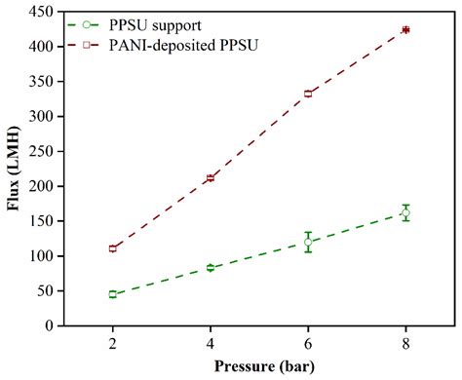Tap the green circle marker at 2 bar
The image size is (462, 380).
113,294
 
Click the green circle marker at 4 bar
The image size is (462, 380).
211,267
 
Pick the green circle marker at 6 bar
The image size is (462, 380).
308,243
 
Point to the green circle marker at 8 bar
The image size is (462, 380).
405,212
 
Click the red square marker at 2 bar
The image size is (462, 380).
113,248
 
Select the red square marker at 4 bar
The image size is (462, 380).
211,178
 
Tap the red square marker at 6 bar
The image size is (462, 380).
308,94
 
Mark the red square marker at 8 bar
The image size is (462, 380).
405,30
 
